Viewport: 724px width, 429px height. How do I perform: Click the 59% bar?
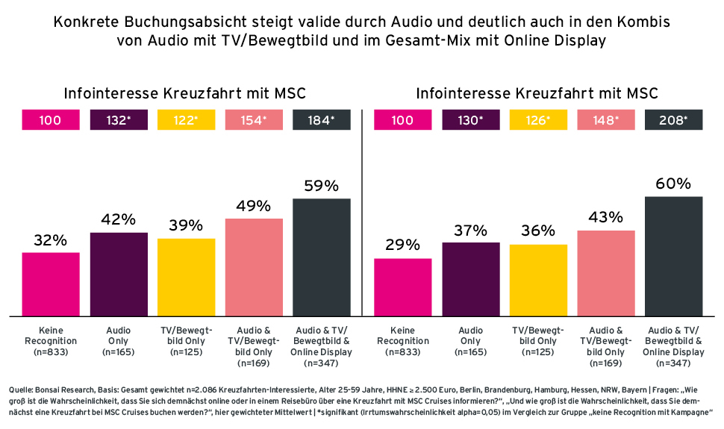[322, 257]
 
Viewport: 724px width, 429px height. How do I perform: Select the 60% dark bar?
[673, 255]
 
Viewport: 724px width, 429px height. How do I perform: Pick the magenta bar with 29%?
[402, 286]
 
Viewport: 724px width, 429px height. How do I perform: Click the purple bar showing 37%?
[470, 278]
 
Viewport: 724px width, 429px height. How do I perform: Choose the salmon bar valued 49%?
[254, 266]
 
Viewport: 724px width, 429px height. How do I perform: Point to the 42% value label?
[118, 219]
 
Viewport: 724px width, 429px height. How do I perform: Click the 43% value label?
[605, 217]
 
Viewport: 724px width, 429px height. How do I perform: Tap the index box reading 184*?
[322, 119]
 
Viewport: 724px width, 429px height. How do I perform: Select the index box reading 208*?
[673, 119]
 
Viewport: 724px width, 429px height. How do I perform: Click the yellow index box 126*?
[537, 119]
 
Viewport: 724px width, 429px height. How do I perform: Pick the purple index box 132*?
[118, 119]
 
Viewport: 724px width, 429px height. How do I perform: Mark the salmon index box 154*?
[254, 119]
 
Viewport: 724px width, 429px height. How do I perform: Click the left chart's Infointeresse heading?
[185, 93]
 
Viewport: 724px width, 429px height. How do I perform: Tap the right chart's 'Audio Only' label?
[470, 336]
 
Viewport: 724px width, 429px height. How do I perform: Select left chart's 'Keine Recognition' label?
[50, 336]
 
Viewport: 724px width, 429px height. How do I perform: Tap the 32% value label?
[50, 240]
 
